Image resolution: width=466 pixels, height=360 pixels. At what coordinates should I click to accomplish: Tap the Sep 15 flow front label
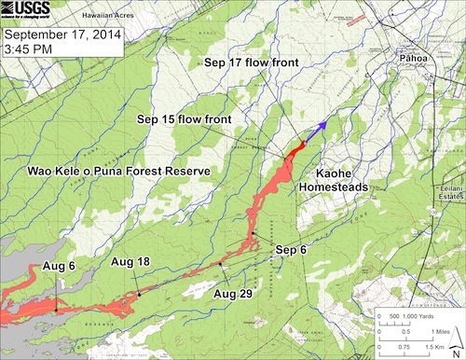[x=184, y=119]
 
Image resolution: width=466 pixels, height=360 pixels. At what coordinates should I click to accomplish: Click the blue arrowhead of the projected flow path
[x=322, y=124]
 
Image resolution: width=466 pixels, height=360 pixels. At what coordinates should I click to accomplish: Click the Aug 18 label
[x=131, y=261]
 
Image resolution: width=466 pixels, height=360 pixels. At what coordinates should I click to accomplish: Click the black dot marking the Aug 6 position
[x=56, y=308]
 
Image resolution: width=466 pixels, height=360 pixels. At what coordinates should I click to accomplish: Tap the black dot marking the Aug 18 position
[x=140, y=295]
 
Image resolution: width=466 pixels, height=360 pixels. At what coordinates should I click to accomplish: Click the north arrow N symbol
[x=456, y=347]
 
